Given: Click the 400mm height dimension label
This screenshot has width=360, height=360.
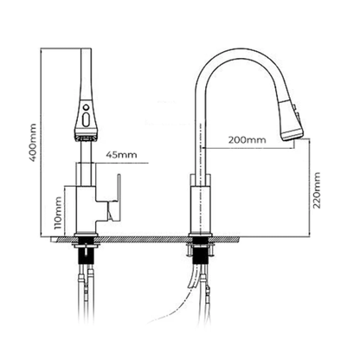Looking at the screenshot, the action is click(33, 143).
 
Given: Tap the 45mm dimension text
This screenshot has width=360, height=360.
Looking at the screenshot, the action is click(121, 155).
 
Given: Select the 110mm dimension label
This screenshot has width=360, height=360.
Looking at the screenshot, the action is click(59, 213).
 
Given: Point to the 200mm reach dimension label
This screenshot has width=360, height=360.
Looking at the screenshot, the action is click(247, 140).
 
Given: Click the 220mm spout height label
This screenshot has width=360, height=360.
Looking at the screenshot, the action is click(317, 190).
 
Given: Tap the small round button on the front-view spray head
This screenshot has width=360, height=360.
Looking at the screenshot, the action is click(86, 108).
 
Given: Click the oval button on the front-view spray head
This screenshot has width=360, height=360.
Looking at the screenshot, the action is click(86, 119).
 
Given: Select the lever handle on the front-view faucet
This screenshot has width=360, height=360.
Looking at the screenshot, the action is click(116, 198).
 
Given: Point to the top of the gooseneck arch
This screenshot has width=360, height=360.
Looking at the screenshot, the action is click(241, 54).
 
